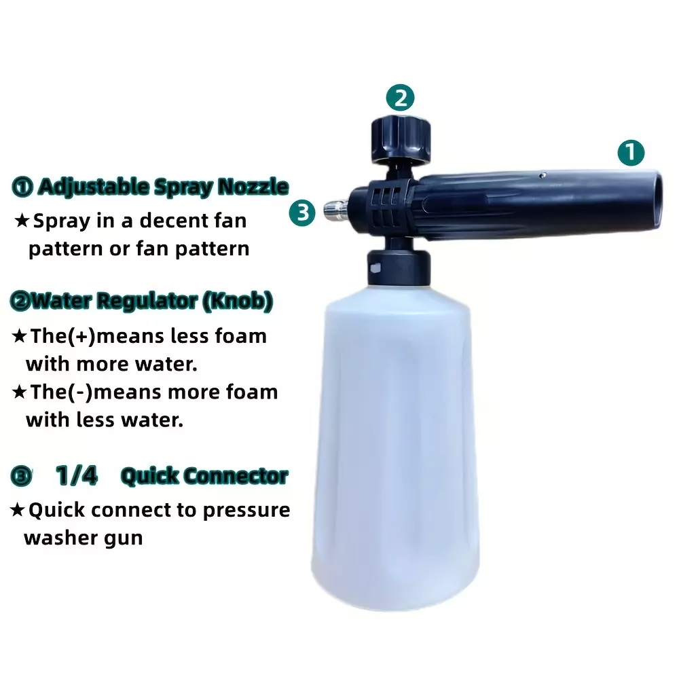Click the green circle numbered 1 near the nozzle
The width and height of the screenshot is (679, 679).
631,152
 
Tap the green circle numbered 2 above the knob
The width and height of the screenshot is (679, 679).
400,98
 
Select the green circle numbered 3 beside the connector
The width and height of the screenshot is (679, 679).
302,213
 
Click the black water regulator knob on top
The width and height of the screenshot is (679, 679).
401,139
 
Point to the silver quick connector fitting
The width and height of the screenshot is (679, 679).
336,212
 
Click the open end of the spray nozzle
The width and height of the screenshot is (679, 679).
657,200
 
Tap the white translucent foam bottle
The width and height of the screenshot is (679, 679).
396,446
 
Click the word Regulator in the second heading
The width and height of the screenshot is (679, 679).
147,301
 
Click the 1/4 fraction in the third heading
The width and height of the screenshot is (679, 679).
77,475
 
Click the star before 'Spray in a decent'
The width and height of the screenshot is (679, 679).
22,221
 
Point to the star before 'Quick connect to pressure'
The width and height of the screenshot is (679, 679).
18,510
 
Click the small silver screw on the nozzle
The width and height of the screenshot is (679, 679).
543,175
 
